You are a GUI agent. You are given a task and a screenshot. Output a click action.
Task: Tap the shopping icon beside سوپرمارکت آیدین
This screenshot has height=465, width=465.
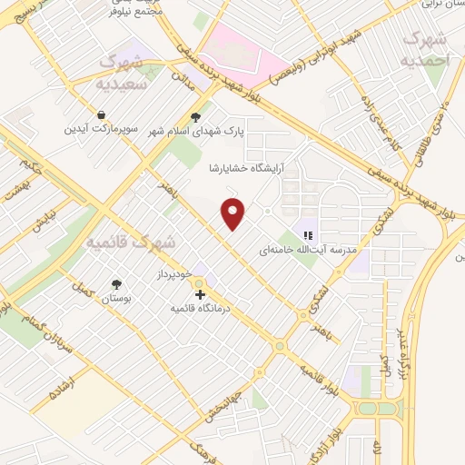pos(100,115)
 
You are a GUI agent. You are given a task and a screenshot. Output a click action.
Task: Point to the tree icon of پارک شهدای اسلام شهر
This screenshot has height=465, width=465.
pos(196,116)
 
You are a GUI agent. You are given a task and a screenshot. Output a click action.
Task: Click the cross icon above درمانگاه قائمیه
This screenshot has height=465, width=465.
pos(199,292)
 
